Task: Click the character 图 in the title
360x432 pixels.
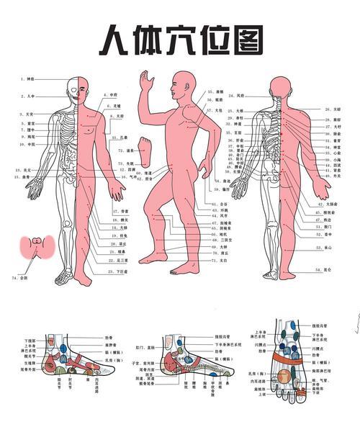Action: click(244, 41)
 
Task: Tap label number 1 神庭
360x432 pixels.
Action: click(27, 78)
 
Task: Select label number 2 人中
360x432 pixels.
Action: click(28, 95)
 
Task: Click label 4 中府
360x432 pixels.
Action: click(109, 94)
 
